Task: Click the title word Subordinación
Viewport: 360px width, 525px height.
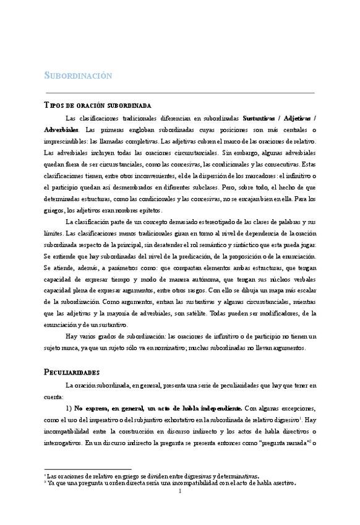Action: (78, 76)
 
